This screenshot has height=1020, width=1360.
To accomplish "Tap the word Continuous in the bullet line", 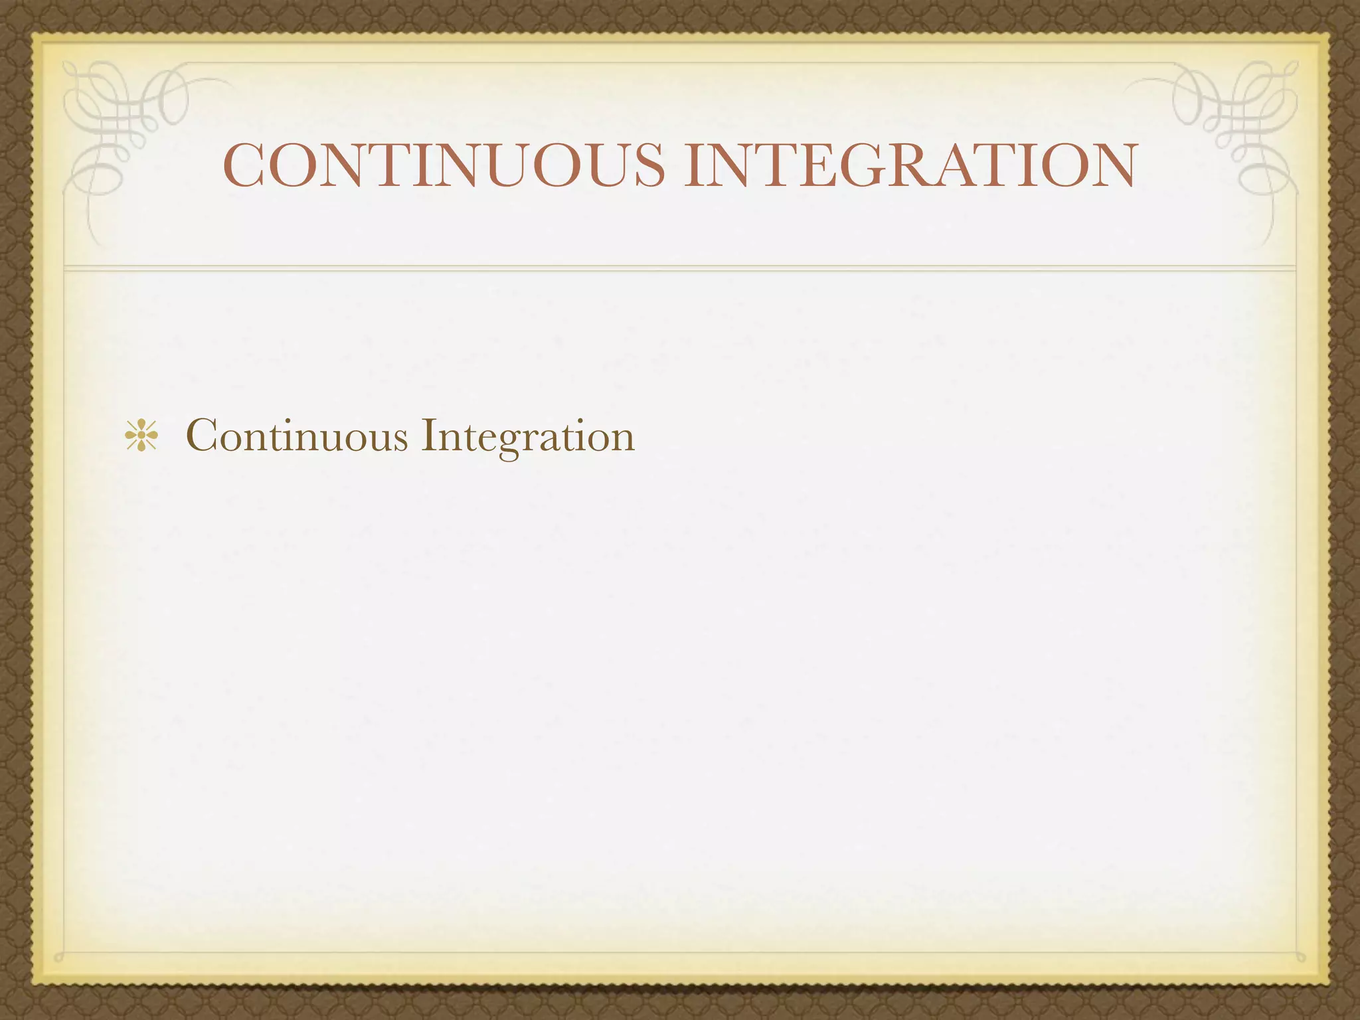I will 297,436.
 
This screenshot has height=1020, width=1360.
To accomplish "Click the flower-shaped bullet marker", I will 141,437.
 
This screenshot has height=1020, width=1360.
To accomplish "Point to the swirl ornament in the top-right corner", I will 1235,126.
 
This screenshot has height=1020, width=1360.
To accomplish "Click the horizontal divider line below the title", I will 680,268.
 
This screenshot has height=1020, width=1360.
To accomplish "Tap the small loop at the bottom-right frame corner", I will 1300,957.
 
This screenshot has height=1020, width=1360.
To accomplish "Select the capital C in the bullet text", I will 203,435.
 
